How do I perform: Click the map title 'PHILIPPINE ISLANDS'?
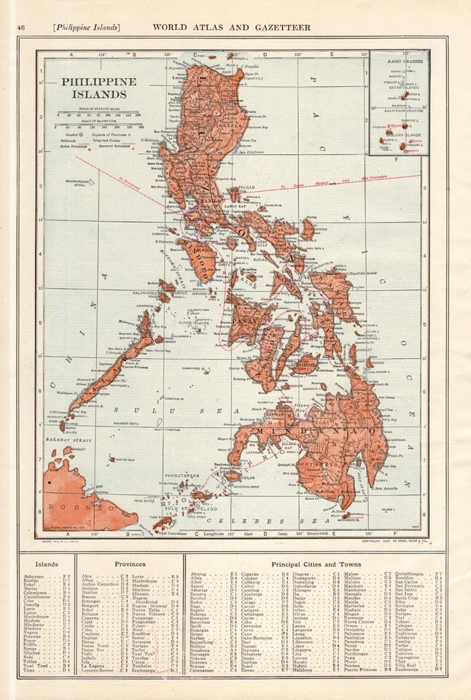tap(98, 87)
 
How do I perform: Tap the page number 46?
tap(21, 28)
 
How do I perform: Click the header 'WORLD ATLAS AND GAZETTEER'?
tap(231, 28)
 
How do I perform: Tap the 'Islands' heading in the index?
tap(47, 564)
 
